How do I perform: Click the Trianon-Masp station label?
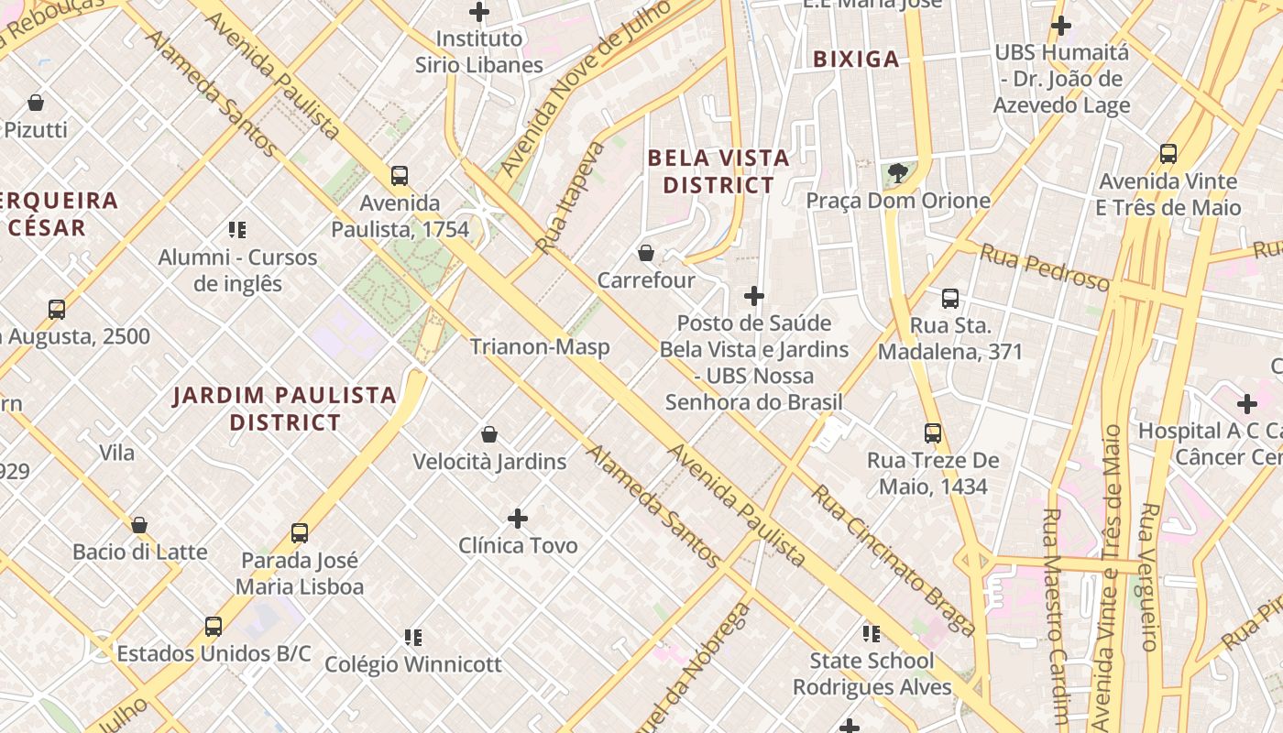[540, 347]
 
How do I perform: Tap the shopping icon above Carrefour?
[646, 253]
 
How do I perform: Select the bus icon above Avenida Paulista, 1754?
[399, 175]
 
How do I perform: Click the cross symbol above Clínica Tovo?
[518, 519]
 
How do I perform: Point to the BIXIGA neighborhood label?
[857, 60]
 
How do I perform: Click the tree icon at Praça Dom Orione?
[898, 172]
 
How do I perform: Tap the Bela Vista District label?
[718, 171]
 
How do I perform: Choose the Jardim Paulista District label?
[285, 409]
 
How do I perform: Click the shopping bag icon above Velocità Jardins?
[489, 434]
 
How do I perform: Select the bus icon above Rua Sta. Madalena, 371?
[950, 298]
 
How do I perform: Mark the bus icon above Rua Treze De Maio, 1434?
[933, 433]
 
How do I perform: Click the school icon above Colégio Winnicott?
[413, 637]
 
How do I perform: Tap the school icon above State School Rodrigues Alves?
[872, 633]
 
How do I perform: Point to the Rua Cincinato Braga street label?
[893, 560]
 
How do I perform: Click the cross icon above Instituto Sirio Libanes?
[478, 12]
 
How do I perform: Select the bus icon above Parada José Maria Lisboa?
[300, 532]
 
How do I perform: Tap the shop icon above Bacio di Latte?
[139, 525]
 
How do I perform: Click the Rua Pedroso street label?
[1044, 267]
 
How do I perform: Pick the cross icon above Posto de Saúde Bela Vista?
[754, 296]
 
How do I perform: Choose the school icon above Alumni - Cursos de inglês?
[237, 229]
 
